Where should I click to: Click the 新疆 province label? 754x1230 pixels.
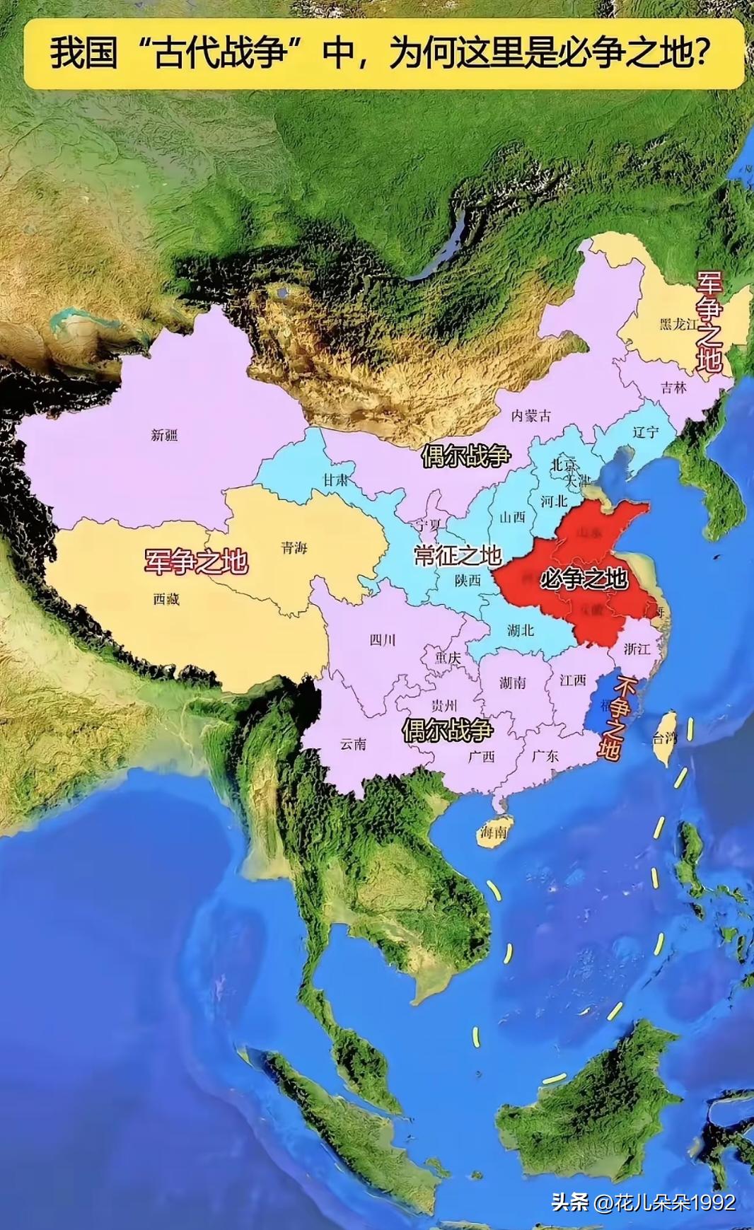[x=164, y=435]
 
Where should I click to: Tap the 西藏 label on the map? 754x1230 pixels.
[x=167, y=598]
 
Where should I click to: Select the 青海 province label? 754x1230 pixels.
[x=294, y=547]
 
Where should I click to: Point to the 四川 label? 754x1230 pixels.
[x=383, y=640]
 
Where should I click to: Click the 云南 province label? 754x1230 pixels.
[x=354, y=743]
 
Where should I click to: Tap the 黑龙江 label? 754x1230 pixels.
[x=678, y=324]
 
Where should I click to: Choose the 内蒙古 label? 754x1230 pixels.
[x=531, y=416]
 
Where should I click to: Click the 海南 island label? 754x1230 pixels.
[x=493, y=832]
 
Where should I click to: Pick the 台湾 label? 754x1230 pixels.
[x=665, y=738]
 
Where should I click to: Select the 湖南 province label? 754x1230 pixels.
[x=512, y=683]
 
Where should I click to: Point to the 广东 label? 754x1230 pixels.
[x=545, y=755]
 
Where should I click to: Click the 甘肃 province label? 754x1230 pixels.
[x=336, y=479]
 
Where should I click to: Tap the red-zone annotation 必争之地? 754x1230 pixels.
[x=584, y=579]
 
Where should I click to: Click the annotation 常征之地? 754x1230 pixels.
[x=458, y=555]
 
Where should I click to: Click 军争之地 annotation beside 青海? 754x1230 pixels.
[x=196, y=561]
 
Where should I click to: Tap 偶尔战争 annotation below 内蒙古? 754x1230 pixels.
[x=465, y=456]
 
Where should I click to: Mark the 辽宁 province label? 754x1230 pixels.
[x=645, y=431]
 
